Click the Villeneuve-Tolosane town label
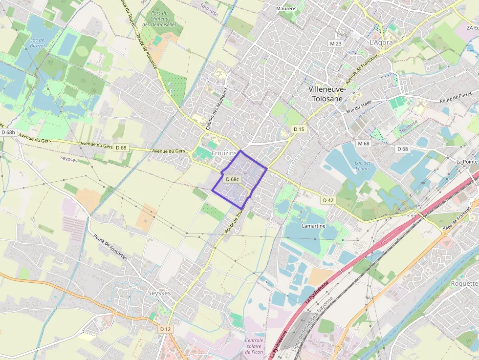[327, 94]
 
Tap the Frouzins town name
[224, 153]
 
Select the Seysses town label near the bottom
[159, 293]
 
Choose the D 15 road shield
[299, 128]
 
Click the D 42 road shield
[328, 200]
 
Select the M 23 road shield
[335, 43]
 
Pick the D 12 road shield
[166, 329]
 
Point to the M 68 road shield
[363, 143]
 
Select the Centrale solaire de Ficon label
[254, 346]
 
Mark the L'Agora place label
[381, 42]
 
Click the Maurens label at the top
[286, 9]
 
